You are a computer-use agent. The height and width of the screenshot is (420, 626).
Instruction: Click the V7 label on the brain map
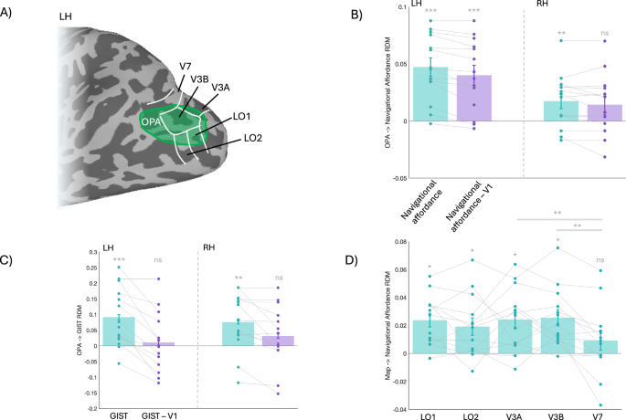(x=186, y=66)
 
